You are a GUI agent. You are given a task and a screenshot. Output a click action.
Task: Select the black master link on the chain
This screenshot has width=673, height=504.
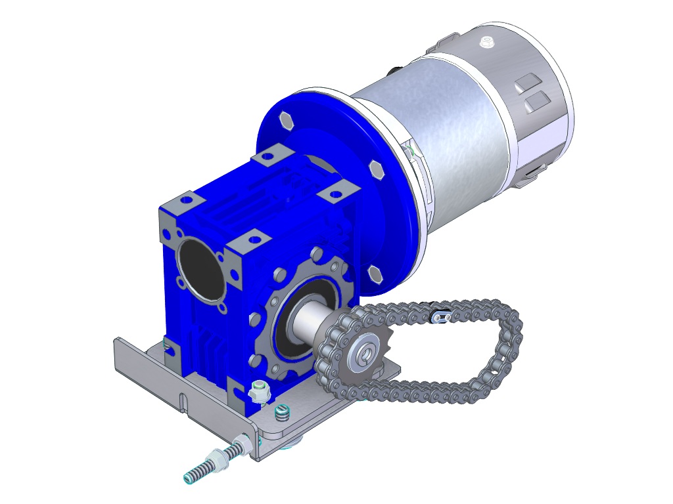[x=440, y=316]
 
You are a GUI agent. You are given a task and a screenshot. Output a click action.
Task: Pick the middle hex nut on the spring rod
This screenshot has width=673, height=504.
[x=216, y=459]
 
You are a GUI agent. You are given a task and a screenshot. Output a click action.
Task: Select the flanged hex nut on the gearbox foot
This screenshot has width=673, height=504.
[x=259, y=392]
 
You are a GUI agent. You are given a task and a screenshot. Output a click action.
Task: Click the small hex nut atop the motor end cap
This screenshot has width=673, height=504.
[x=486, y=43]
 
